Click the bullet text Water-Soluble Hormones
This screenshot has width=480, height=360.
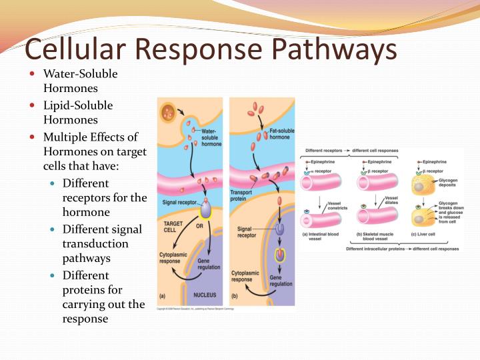(x=80, y=81)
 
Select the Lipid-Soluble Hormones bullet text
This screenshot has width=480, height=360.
(x=78, y=113)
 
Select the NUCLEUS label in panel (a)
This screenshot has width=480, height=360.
(x=205, y=293)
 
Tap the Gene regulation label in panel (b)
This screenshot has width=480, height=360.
(x=281, y=280)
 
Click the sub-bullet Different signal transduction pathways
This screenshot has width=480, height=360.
(x=102, y=243)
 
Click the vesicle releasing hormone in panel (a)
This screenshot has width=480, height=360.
(x=168, y=112)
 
